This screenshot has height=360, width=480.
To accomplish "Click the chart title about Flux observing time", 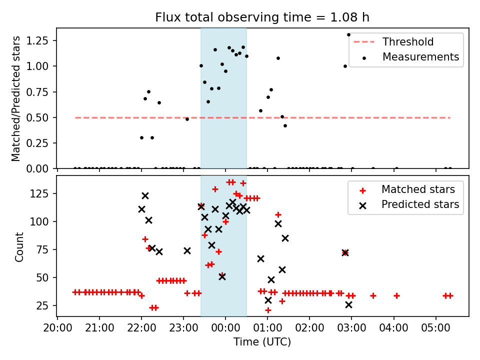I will click(262, 17).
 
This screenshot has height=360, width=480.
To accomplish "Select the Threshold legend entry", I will click(408, 42).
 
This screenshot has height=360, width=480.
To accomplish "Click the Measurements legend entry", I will click(420, 57).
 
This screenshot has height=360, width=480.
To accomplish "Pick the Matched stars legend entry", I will click(418, 189).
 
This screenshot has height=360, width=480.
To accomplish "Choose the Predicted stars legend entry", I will click(420, 204).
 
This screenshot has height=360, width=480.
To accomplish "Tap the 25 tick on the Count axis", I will click(46, 305).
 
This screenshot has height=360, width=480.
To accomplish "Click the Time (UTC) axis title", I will click(262, 342).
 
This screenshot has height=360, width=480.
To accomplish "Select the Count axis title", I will click(19, 246).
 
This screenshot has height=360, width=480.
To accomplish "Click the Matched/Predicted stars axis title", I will click(16, 98).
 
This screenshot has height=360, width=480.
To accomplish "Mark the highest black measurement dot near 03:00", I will click(348, 35).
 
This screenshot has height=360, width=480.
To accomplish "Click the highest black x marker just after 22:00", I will click(145, 195).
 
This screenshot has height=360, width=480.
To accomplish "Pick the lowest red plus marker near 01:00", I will click(268, 310).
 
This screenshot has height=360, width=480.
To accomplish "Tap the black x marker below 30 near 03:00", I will click(348, 304).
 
